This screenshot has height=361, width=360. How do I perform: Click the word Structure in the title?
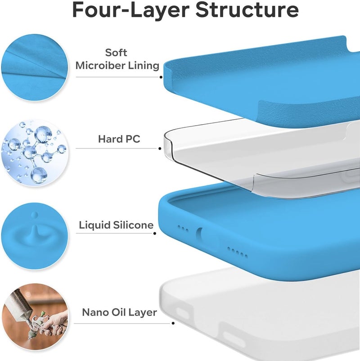[x=247, y=9]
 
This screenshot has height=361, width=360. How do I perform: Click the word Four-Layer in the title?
[x=131, y=9]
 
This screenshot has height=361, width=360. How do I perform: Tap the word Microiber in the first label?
[x=100, y=65]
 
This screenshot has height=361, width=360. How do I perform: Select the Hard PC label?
[x=119, y=139]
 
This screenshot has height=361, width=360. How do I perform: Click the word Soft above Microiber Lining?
[x=116, y=53]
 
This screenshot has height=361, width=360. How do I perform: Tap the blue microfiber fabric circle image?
[x=35, y=68]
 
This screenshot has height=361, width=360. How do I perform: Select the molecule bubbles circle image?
[x=35, y=152]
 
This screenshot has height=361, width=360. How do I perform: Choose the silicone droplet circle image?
[x=35, y=236]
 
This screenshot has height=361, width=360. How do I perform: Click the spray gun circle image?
[x=35, y=317]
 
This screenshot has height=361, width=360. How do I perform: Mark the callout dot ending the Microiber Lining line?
[x=161, y=77]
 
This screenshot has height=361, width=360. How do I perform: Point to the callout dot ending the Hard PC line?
[x=160, y=149]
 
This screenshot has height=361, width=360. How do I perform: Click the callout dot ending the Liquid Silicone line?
[x=155, y=234]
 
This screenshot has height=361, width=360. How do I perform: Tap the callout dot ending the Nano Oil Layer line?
[x=173, y=323]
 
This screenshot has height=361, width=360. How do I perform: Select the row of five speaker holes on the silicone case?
[x=238, y=252]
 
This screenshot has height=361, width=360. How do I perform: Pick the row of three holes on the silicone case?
[x=183, y=229]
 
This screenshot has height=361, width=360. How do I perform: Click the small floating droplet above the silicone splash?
[x=35, y=215]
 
